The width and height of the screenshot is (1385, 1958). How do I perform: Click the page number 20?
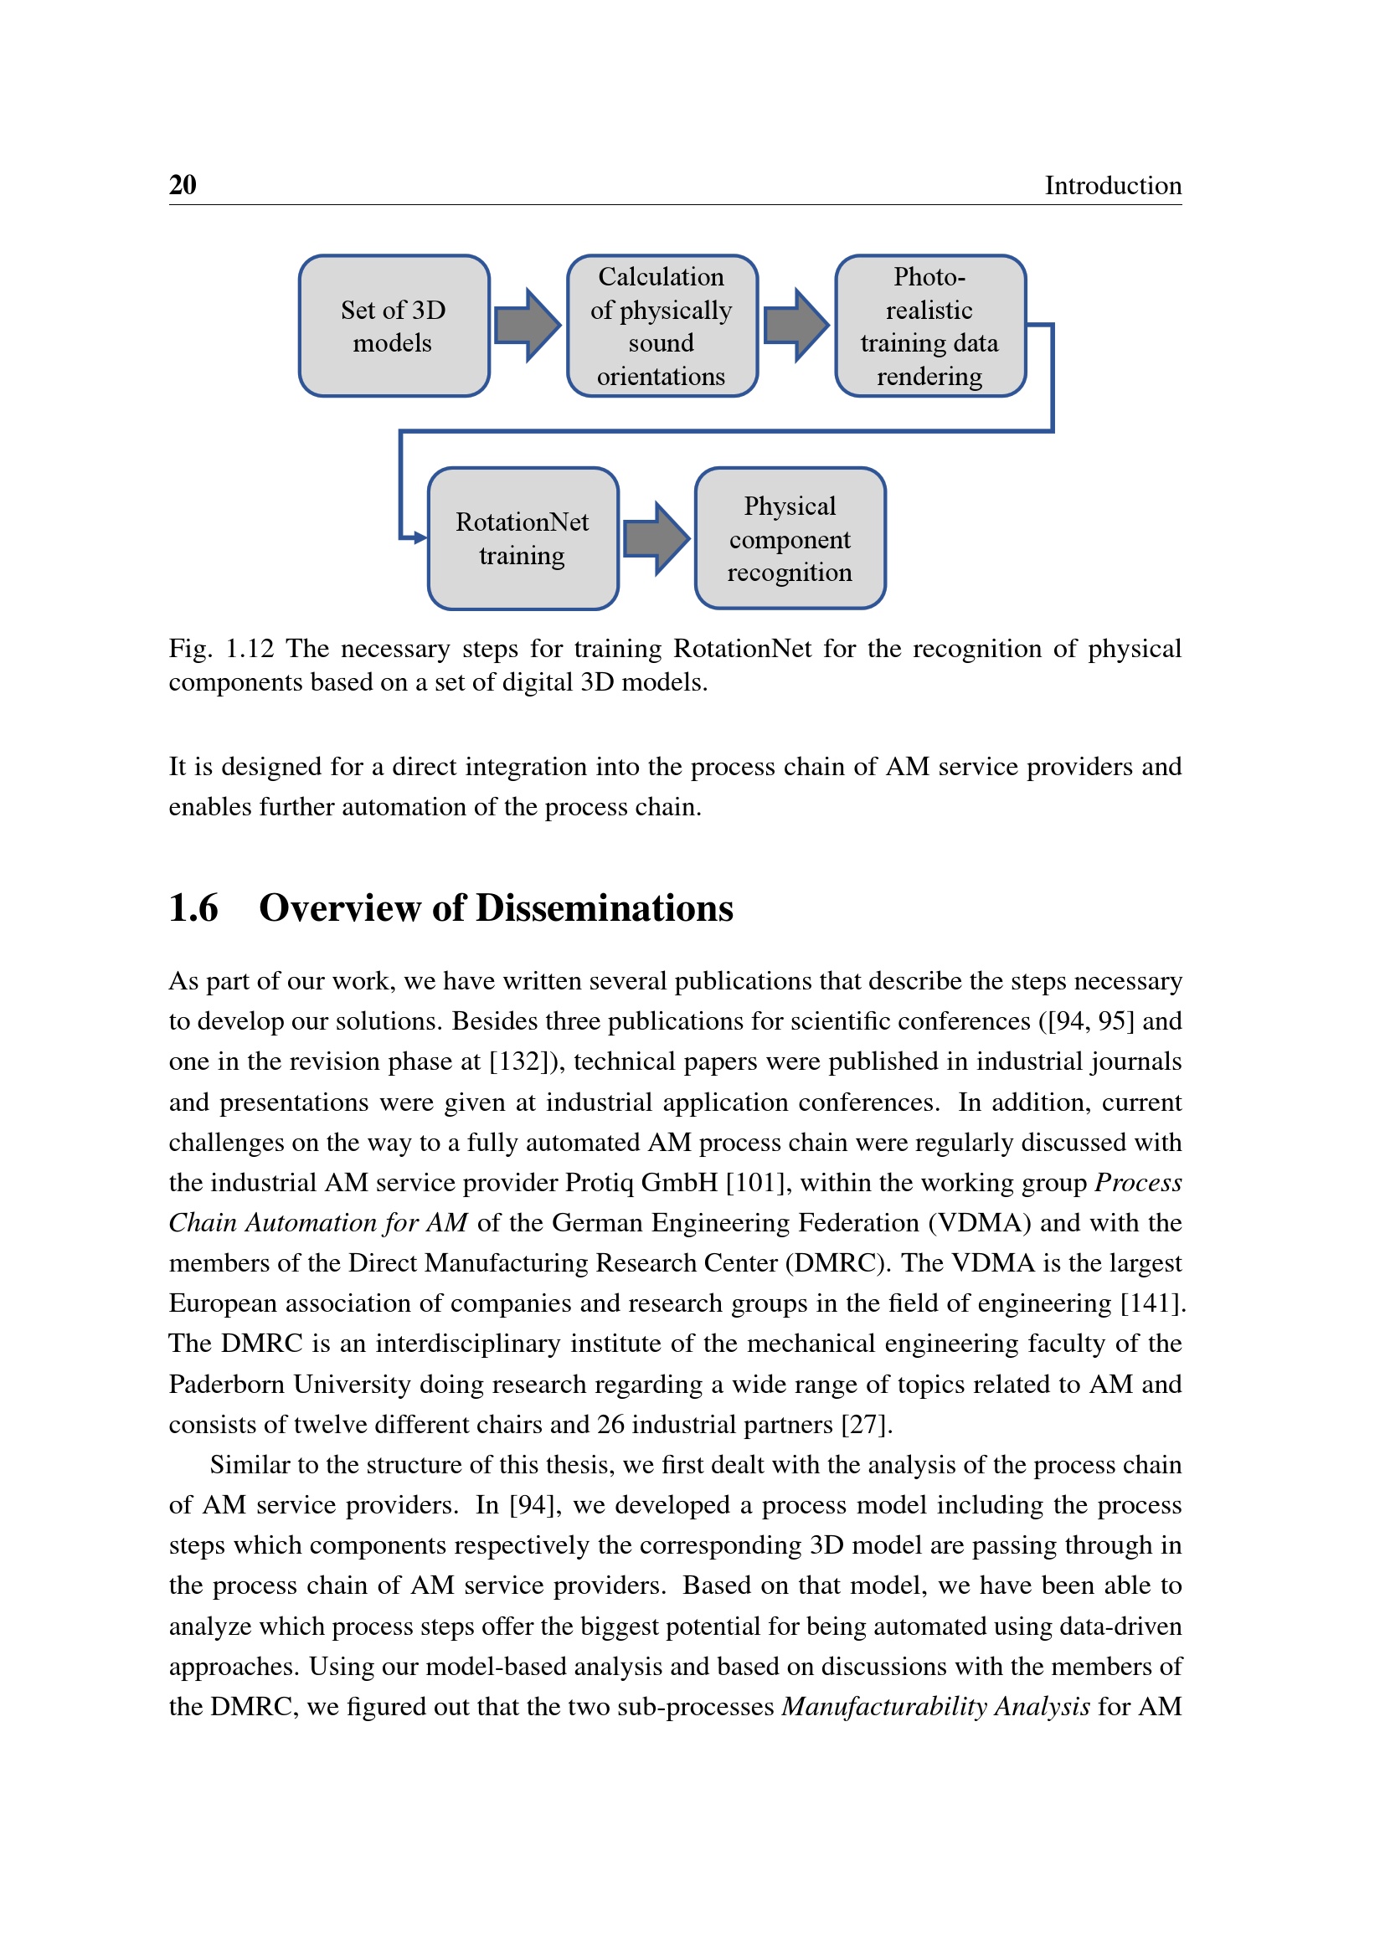pos(183,185)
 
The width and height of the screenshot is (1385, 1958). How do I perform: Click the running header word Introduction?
pos(1112,186)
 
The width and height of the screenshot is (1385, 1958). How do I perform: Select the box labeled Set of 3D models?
pos(394,326)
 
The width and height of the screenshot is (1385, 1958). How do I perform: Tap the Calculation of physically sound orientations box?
pos(662,326)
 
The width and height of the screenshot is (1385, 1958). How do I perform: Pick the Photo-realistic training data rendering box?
pos(929,326)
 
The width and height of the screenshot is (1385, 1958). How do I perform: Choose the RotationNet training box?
pos(523,538)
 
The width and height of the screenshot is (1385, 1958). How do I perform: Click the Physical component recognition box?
pos(790,538)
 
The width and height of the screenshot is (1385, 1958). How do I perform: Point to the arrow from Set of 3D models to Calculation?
pos(527,325)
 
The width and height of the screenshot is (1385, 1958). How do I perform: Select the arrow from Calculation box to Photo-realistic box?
pos(795,325)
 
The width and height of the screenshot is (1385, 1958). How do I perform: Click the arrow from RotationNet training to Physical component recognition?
pos(656,538)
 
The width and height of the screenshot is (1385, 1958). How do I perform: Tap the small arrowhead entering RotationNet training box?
pos(419,537)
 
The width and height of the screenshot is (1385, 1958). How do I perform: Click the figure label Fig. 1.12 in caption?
pos(221,649)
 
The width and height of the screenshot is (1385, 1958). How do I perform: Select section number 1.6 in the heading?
pos(193,908)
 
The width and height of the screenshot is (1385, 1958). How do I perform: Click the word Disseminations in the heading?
pos(604,908)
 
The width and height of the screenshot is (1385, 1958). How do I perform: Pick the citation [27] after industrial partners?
pos(866,1425)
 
